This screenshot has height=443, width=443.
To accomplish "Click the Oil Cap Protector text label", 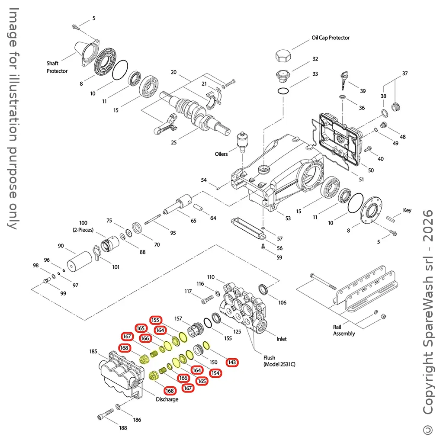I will click(331, 38).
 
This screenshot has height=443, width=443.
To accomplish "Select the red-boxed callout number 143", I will click(232, 362).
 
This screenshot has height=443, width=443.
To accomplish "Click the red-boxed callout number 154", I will click(215, 373).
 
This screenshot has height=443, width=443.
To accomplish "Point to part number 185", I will click(93, 351).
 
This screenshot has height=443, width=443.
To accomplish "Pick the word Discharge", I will click(167, 399).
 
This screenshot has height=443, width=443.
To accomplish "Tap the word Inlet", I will click(282, 339).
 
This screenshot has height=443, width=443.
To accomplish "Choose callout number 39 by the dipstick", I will click(363, 91).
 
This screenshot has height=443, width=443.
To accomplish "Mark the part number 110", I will click(211, 277).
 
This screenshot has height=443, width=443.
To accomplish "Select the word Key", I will click(407, 211).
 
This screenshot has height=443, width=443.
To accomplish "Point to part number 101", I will click(116, 267).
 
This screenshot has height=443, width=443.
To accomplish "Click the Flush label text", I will click(269, 358).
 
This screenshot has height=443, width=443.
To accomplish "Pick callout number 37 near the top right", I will click(405, 74).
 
